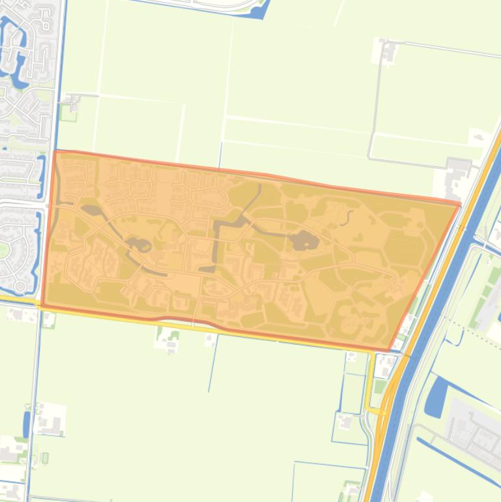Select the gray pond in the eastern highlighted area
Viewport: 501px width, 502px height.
pyautogui.click(x=304, y=241)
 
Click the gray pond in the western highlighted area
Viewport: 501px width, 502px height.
pyautogui.click(x=138, y=245)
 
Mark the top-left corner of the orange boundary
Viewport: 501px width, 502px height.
pyautogui.click(x=55, y=151)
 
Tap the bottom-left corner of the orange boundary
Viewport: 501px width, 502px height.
pyautogui.click(x=42, y=305)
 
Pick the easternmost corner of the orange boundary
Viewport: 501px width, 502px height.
pyautogui.click(x=460, y=205)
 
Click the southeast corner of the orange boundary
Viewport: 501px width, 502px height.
pyautogui.click(x=389, y=350)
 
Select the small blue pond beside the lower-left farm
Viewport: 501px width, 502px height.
pyautogui.click(x=27, y=424)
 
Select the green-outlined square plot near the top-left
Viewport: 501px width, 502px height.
pyautogui.click(x=67, y=112)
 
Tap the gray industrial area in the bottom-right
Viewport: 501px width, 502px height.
pyautogui.click(x=472, y=427)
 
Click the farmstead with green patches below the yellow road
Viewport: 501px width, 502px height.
pyautogui.click(x=167, y=338)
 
